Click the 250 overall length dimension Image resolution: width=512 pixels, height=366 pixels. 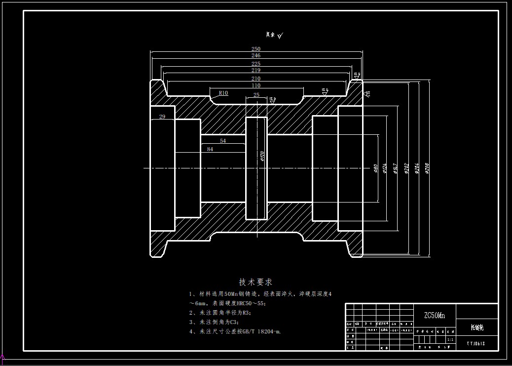pos(256,49)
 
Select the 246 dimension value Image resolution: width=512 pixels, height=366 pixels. pos(256,56)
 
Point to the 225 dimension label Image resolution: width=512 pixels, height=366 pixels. pos(256,64)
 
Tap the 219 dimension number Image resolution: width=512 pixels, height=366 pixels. pos(256,71)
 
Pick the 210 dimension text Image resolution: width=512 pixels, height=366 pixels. pos(256,79)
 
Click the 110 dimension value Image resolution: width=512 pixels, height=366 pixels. pos(256,85)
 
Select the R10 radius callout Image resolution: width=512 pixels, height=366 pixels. pos(223,93)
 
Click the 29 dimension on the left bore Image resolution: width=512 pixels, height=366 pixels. pos(162,117)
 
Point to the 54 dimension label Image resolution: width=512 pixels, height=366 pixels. pos(223,141)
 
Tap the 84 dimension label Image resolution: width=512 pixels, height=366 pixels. pos(210,149)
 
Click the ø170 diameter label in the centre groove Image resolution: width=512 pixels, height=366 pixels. pos(262,156)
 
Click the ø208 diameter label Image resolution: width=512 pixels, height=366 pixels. pos(427,169)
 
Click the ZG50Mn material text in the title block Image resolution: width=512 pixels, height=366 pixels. pos(435,315)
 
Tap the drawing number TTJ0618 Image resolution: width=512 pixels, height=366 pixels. pos(476,342)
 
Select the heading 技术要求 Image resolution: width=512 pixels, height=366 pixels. pos(256,282)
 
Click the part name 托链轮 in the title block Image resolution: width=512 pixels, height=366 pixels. pos(476,326)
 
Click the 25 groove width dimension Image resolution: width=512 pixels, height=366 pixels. pos(256,94)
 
